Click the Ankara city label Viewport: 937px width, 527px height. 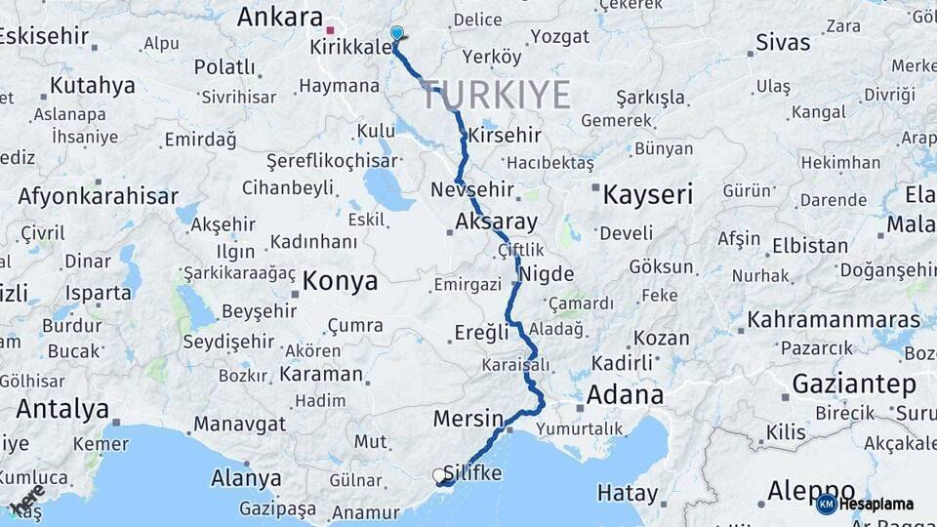279,18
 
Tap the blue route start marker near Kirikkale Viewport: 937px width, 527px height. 396,34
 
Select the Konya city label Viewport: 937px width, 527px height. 340,282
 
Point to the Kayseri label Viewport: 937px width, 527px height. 648,194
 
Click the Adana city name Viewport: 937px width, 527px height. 625,395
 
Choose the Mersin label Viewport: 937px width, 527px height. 468,418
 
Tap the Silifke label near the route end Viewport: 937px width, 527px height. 472,473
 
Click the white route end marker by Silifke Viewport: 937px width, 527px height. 439,476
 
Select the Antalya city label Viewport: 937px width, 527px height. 62,409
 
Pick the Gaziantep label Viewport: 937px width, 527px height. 854,384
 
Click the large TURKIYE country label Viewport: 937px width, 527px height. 496,96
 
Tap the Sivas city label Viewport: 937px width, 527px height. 783,43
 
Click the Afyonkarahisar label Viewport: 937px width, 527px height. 98,196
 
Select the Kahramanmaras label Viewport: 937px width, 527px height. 834,320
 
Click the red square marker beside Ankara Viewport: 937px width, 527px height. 331,29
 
